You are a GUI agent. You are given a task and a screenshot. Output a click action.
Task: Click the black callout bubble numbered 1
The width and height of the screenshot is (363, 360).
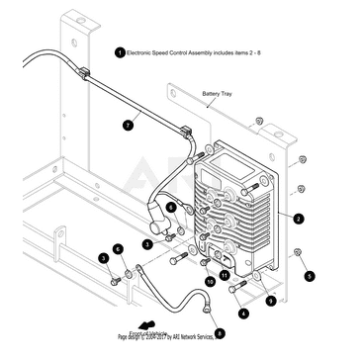120,50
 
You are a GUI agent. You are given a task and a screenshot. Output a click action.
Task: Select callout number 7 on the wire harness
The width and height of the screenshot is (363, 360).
127,126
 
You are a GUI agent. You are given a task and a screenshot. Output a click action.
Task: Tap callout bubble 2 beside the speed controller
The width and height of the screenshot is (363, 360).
299,217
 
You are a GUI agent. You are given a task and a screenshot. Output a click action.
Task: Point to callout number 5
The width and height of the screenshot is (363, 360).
308,276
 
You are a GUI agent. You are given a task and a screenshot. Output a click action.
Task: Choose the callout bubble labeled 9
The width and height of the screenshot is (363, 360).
270,299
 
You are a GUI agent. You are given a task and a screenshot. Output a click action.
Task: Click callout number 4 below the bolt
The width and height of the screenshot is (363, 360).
243,312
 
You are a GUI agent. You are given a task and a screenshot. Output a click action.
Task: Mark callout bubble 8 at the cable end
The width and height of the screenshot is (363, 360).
219,333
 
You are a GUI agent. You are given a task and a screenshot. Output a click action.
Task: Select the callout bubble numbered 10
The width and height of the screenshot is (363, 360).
210,281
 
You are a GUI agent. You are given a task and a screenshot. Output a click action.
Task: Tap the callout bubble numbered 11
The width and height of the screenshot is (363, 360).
224,274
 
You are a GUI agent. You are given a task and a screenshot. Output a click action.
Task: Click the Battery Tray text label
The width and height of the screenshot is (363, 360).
220,97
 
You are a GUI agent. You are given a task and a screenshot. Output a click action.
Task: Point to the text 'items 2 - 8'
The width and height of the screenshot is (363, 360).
274,50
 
